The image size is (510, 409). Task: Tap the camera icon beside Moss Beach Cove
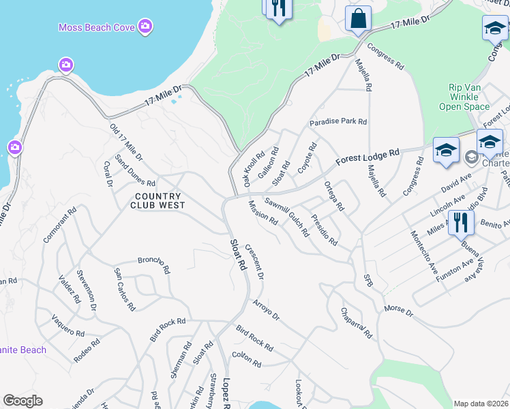[145, 27]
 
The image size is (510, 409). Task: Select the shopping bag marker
[358, 19]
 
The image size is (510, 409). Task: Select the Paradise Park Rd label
[338, 122]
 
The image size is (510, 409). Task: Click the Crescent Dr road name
[254, 262]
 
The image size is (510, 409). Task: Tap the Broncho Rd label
[153, 264]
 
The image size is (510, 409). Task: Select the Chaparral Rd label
[357, 322]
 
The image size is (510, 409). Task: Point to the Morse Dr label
[398, 310]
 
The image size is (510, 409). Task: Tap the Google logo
[23, 401]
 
